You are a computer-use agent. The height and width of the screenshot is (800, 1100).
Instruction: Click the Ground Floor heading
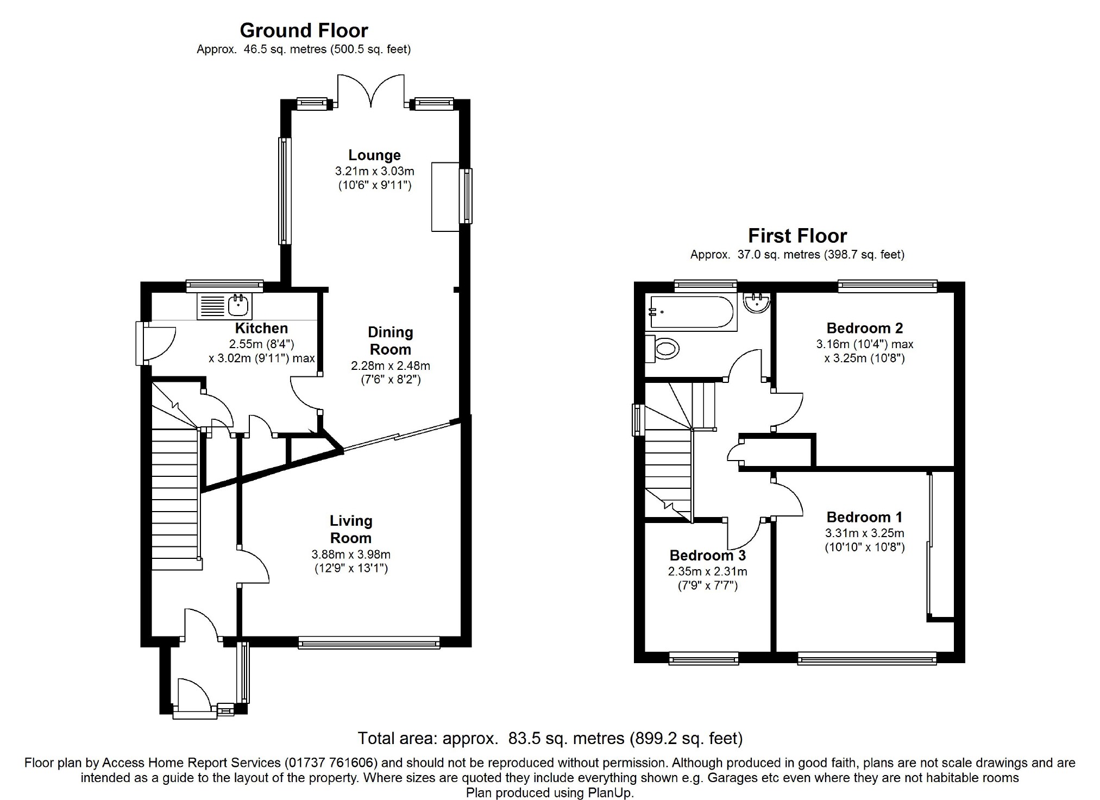point(304,30)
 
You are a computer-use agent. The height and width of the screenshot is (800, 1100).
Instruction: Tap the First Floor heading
point(797,236)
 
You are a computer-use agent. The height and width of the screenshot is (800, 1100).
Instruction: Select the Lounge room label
point(374,155)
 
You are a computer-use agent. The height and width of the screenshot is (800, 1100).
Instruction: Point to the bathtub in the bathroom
point(692,312)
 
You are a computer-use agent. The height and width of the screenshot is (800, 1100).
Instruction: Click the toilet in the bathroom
point(663,348)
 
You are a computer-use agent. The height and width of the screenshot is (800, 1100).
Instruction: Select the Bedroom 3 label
point(707,556)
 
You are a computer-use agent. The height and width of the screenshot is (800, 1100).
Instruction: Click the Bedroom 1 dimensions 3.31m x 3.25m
point(865,533)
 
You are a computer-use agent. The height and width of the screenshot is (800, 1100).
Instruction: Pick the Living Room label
point(351,530)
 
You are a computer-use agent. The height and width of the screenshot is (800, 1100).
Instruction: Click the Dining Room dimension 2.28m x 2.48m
point(391,366)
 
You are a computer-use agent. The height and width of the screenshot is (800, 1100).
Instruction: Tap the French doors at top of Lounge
point(372,90)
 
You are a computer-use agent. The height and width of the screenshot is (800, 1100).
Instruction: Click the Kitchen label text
point(261,328)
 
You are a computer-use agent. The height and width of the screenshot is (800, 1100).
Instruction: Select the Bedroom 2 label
point(865,328)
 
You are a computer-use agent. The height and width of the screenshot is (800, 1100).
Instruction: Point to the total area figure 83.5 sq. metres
point(566,739)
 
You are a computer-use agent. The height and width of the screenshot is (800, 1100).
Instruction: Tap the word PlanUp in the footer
point(610,793)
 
